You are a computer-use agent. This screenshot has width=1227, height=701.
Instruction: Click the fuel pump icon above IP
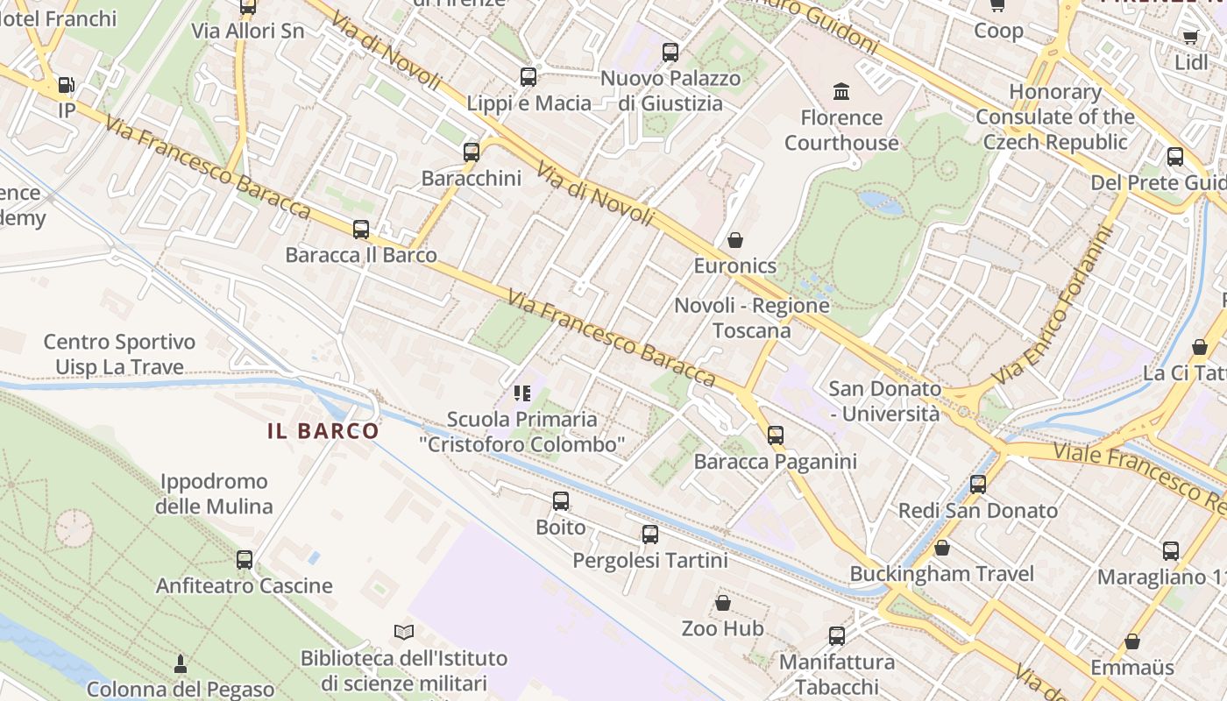pos(66,85)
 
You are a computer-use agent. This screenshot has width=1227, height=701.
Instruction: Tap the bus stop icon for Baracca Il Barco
pos(361,230)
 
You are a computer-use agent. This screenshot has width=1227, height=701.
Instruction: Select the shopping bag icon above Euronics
pos(735,240)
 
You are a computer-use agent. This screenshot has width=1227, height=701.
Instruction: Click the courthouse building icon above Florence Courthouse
pos(841,91)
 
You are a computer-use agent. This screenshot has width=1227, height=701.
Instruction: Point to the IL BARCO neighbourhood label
pos(323,431)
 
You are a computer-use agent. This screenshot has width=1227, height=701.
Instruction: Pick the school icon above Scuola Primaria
pos(522,393)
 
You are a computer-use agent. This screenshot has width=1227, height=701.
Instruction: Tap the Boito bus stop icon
pos(561,501)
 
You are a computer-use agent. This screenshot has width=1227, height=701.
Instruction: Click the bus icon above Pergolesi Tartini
pos(650,535)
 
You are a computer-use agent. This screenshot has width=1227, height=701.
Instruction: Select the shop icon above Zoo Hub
pos(723,603)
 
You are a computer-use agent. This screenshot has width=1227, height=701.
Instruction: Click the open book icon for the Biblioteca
pos(403,632)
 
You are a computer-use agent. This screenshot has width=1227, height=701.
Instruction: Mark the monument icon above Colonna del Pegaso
pos(181,663)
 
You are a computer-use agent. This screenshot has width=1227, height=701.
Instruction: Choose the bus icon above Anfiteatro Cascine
pos(245,560)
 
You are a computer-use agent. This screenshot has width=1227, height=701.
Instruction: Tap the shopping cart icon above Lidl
pos(1190,37)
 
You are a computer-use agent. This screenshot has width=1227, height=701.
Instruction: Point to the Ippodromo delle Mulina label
pos(214,494)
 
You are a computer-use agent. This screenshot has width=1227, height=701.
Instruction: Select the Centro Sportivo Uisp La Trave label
pos(119,354)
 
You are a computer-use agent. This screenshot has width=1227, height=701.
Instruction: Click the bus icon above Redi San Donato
pos(978,485)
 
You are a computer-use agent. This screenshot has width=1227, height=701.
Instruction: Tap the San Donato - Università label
pos(885,400)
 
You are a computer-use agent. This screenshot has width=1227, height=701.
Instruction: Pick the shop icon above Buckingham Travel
pos(942,549)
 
